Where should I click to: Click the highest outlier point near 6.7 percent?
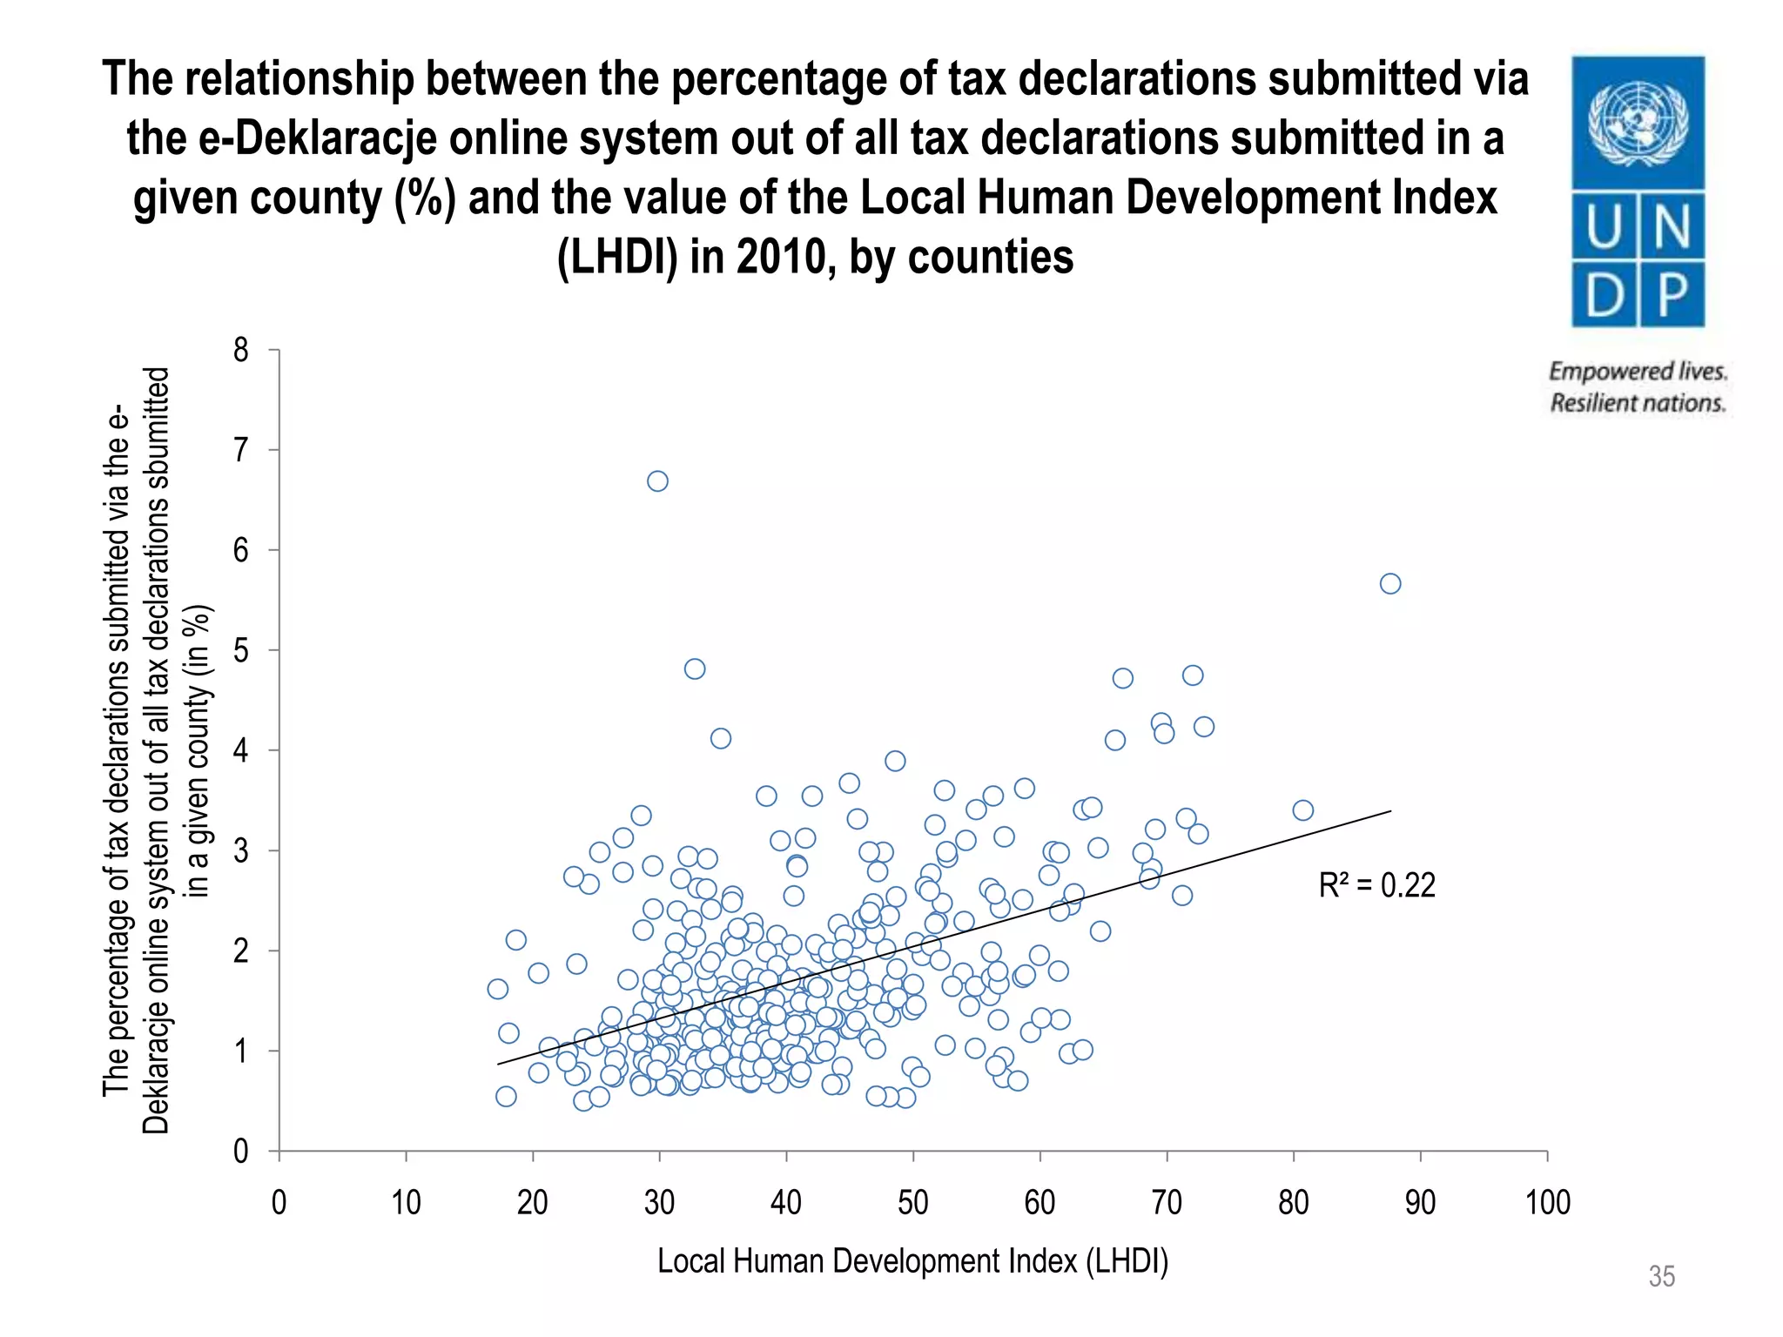[x=657, y=481]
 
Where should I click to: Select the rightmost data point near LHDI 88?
[x=1390, y=583]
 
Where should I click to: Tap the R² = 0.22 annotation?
[x=1376, y=885]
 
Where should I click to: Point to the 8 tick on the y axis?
[x=241, y=350]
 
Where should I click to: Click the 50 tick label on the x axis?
[x=913, y=1203]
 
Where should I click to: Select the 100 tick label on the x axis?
[x=1547, y=1203]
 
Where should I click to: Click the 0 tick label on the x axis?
[x=279, y=1203]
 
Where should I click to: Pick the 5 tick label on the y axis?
[x=241, y=650]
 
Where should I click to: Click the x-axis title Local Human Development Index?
[x=912, y=1260]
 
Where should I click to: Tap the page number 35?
[x=1661, y=1276]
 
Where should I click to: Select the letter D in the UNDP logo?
[x=1605, y=294]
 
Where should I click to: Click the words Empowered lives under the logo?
[x=1637, y=372]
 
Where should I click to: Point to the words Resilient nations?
[x=1637, y=403]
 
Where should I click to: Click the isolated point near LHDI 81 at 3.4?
[x=1302, y=810]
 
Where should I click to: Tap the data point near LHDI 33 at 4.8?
[x=694, y=668]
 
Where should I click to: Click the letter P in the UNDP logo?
[x=1672, y=294]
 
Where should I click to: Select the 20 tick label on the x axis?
[x=532, y=1203]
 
